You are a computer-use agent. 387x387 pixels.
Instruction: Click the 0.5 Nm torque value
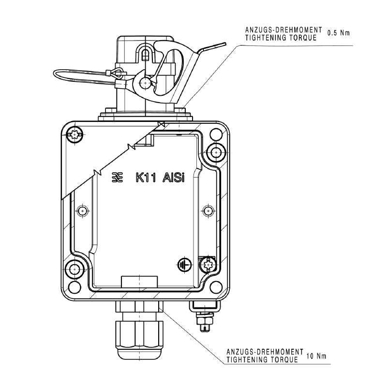[x=338, y=33]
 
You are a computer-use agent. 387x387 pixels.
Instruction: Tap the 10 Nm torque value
[x=316, y=357]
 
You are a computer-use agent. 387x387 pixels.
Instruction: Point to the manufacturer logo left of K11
[x=117, y=178]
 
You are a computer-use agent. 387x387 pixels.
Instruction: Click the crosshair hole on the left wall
[x=83, y=211]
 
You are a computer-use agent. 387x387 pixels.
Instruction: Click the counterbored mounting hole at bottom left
[x=75, y=269]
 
